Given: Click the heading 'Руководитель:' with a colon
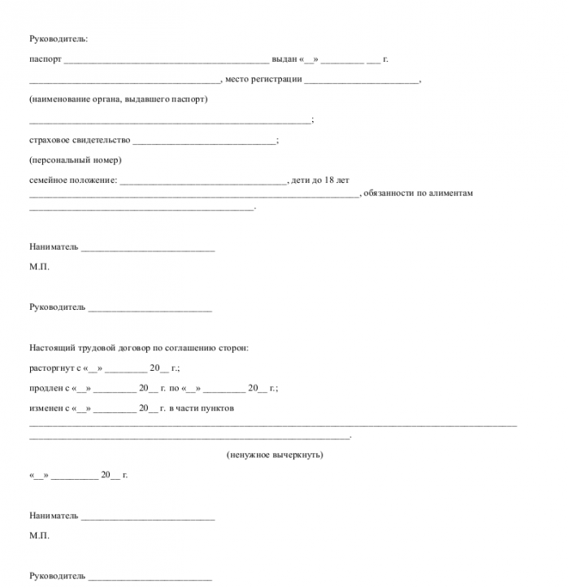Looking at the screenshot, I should (58, 39).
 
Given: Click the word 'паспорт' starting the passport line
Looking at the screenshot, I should (45, 59).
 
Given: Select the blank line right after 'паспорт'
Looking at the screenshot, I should (166, 61).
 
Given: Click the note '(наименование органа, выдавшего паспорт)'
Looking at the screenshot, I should (119, 99).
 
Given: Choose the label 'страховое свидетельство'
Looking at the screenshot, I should (80, 140).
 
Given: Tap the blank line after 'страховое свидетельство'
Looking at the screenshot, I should (204, 142).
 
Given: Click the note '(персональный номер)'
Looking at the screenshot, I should (75, 159).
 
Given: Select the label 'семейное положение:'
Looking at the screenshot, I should (73, 180).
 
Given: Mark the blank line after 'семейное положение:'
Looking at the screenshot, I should (203, 181).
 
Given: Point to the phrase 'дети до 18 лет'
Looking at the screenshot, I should (320, 180).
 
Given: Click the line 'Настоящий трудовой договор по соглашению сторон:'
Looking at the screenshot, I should (139, 348).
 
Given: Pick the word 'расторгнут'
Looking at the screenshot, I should (50, 368).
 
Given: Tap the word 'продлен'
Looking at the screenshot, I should (45, 388).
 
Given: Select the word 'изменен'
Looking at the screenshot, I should (46, 407).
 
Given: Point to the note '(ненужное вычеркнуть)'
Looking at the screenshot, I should (275, 455).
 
